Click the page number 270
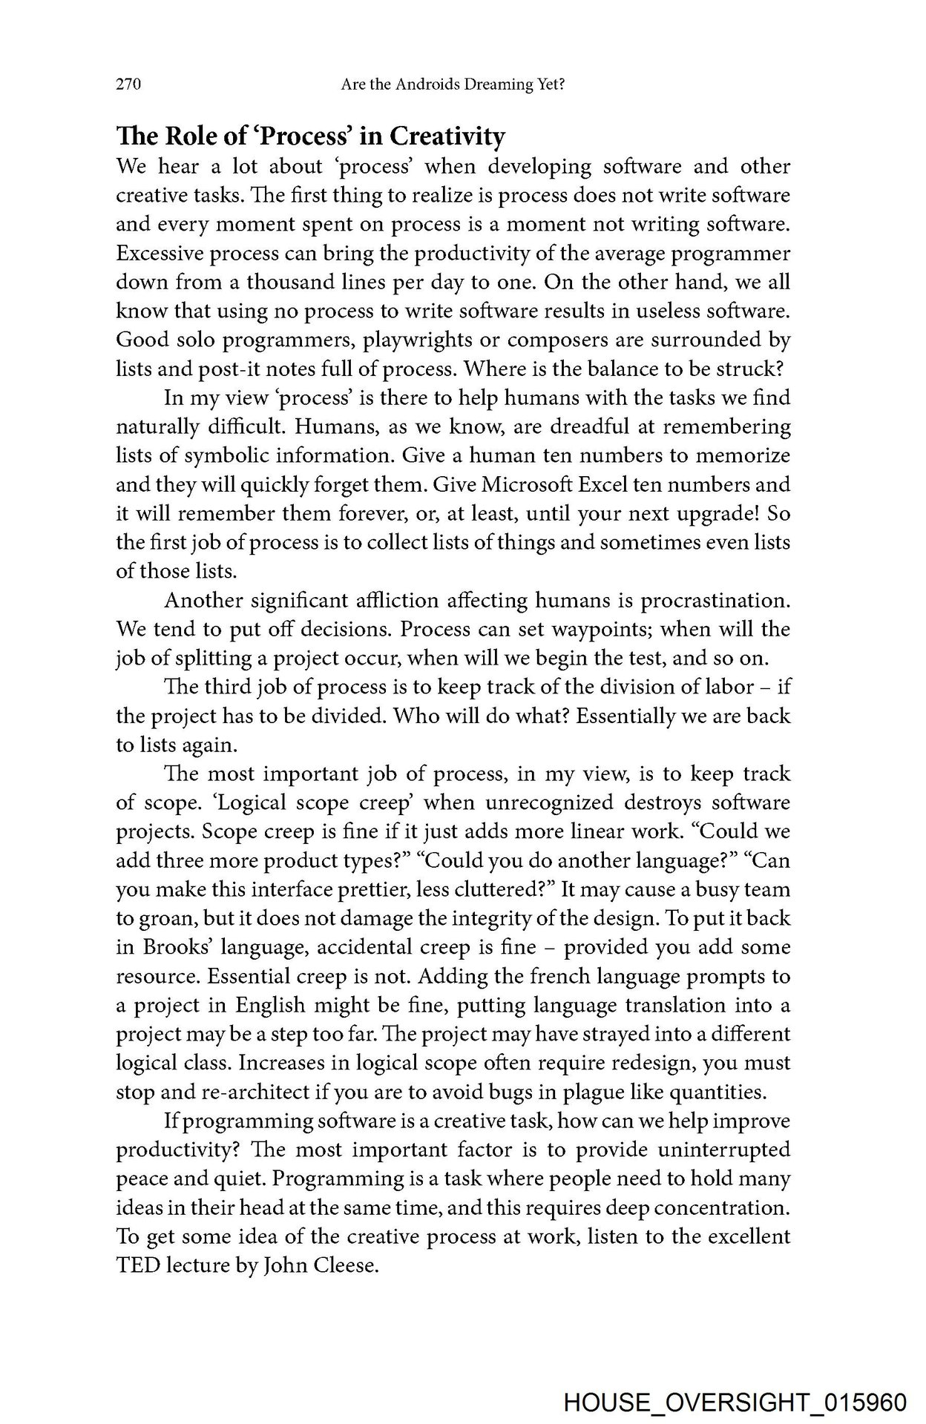pos(128,85)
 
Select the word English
pos(270,1006)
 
